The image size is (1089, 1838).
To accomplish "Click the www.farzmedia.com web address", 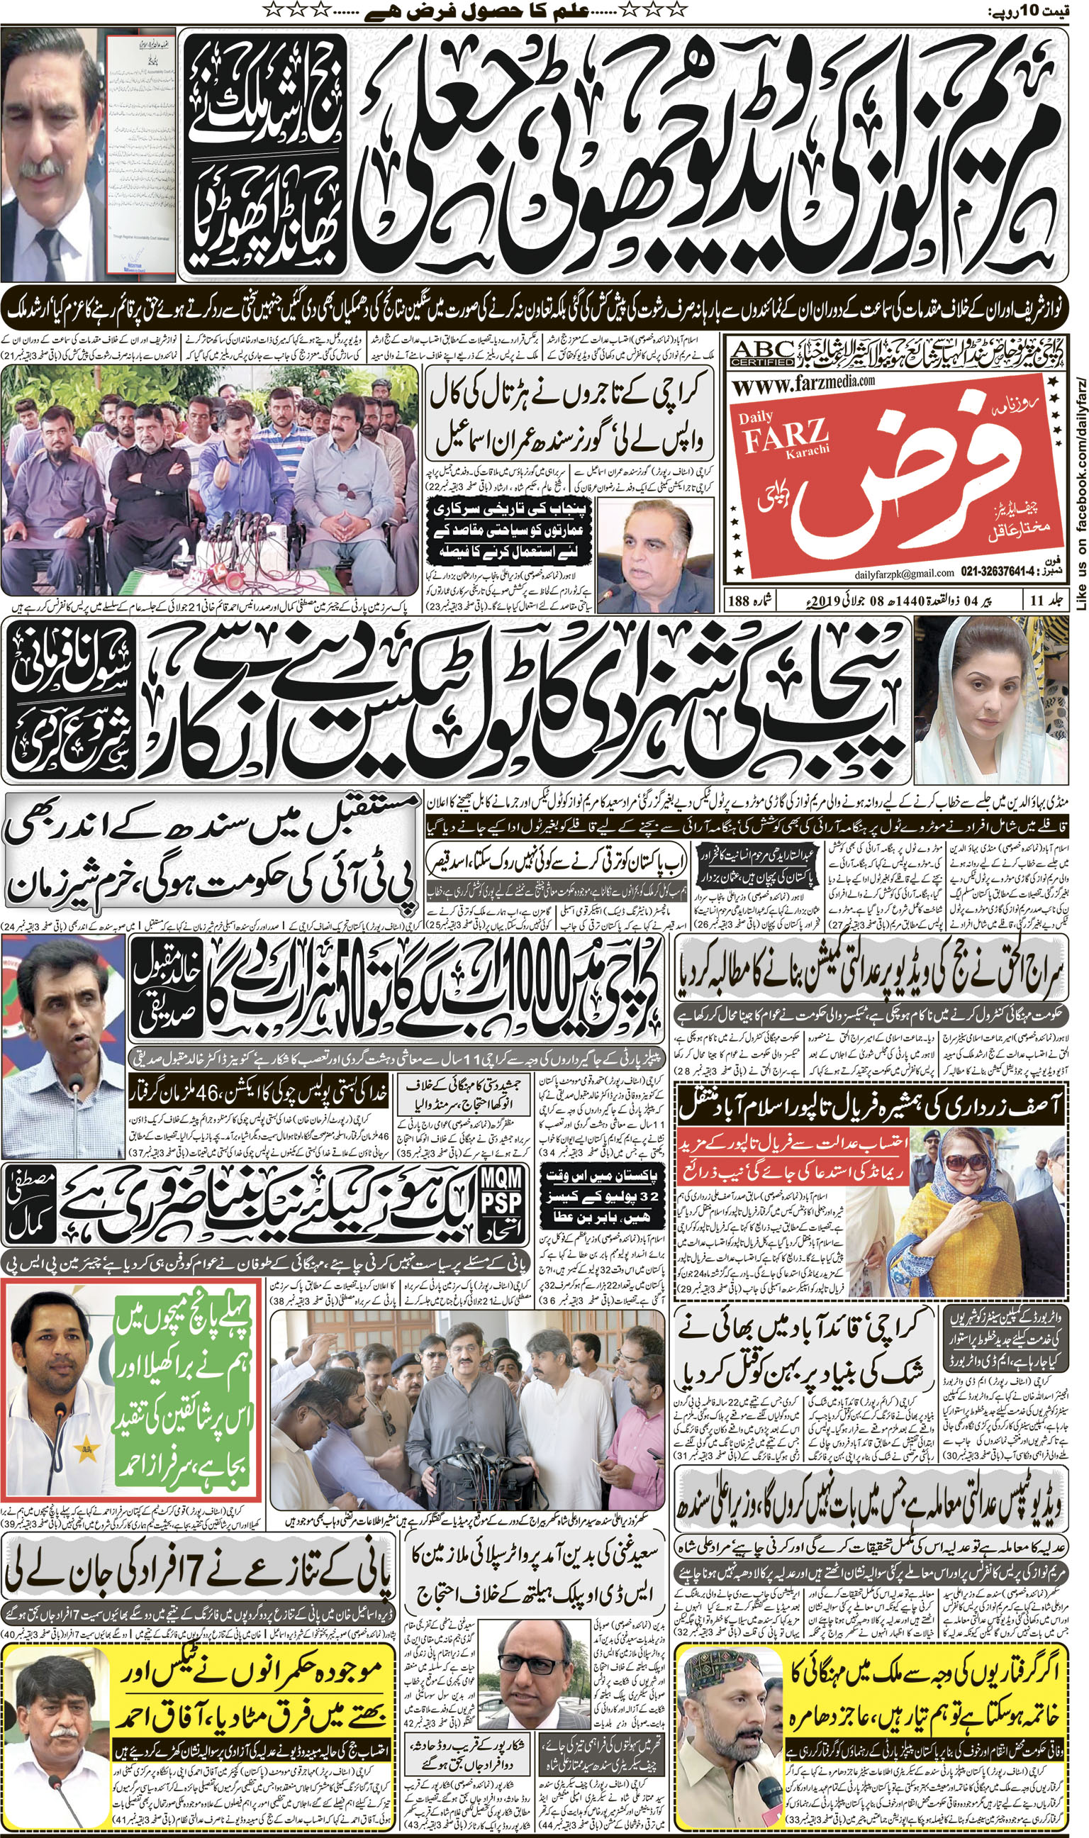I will pos(803,381).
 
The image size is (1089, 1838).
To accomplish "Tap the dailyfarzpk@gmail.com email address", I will pos(904,573).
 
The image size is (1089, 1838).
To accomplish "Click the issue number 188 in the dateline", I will pos(739,600).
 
